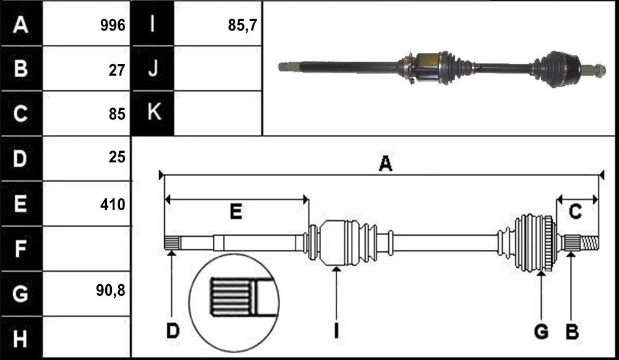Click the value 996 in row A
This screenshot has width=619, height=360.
click(113, 25)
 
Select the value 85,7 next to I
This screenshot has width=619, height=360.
click(243, 25)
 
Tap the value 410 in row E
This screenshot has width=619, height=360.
click(113, 205)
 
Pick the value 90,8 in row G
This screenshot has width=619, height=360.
click(110, 290)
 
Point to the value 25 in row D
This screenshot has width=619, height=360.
click(117, 158)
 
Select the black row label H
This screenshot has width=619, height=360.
click(21, 339)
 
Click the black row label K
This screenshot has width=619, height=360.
click(154, 113)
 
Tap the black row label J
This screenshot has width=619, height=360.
click(153, 68)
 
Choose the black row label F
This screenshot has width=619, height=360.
click(20, 249)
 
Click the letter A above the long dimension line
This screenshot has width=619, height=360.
click(386, 164)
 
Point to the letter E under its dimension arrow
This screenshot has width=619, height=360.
click(236, 212)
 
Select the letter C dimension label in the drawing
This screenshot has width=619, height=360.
click(575, 212)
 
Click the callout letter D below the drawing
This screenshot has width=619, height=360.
click(172, 331)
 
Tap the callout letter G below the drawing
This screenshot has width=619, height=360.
click(541, 331)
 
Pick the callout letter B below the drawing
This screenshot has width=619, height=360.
click(572, 331)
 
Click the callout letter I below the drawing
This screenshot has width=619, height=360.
click(337, 331)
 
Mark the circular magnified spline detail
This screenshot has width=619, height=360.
click(234, 303)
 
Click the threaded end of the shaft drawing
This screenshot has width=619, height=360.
click(589, 242)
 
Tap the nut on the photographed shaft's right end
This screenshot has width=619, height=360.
click(600, 70)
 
